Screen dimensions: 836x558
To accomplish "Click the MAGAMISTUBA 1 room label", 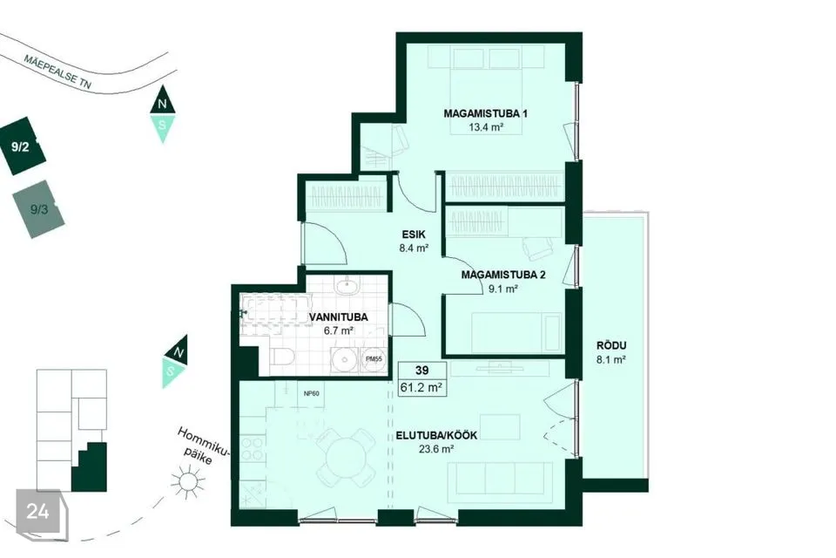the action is point(485,113).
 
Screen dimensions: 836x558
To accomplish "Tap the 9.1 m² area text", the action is point(503,289).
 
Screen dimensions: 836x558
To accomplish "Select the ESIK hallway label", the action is point(414,235).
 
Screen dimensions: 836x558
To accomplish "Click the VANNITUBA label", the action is point(339,317).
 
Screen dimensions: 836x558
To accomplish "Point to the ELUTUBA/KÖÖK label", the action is point(436,435).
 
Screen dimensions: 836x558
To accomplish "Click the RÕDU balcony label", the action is point(611,345).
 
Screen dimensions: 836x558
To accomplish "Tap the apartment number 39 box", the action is point(422,370).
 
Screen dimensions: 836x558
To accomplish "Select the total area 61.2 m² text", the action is point(421,387).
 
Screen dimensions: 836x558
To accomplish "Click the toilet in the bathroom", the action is point(281,357).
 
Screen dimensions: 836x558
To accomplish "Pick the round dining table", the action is point(347,458).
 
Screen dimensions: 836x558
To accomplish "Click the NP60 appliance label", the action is point(312,393).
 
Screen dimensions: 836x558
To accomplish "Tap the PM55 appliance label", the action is point(374,359).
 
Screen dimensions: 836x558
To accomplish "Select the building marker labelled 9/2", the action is point(21,146).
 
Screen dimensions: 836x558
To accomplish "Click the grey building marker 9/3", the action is point(38,209).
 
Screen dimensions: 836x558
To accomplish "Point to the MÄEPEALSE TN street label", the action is point(57,71).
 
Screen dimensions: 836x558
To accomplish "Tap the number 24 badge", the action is point(38,512).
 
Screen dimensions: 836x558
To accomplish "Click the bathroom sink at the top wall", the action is point(347,285).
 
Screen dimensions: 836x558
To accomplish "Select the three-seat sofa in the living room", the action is point(500,483).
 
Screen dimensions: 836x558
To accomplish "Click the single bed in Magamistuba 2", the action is point(516,333).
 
